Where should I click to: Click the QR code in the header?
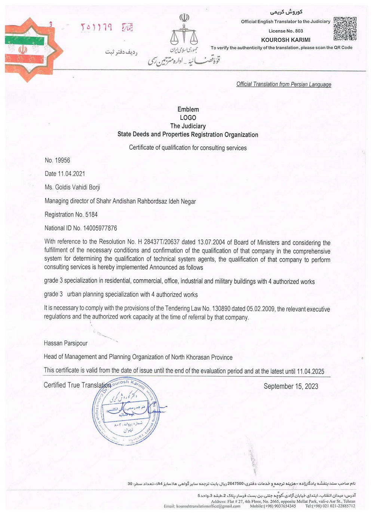coord(345,28)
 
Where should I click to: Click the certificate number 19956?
coord(62,160)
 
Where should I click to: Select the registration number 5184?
coord(91,215)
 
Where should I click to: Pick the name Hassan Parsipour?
coord(65,343)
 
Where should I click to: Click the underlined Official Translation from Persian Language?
coord(283,84)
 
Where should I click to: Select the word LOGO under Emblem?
coord(188,118)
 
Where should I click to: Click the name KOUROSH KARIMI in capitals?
coord(285,40)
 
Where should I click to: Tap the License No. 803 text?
coord(285,31)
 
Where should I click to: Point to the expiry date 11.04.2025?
coord(310,371)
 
